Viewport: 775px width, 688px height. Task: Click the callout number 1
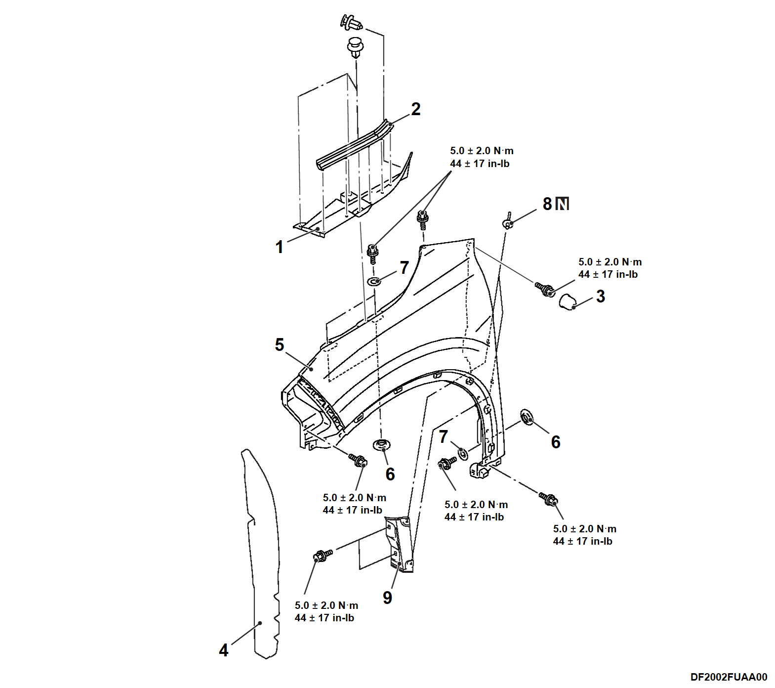pyautogui.click(x=280, y=247)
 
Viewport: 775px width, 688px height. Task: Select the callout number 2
pyautogui.click(x=416, y=109)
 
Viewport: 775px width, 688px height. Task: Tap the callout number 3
pyautogui.click(x=601, y=296)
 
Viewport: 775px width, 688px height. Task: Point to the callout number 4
pyautogui.click(x=224, y=650)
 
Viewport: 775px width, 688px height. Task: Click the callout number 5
pyautogui.click(x=280, y=344)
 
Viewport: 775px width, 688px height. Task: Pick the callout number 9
pyautogui.click(x=388, y=598)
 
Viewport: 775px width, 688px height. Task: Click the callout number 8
pyautogui.click(x=547, y=204)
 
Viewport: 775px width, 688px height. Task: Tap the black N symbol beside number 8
pyautogui.click(x=563, y=204)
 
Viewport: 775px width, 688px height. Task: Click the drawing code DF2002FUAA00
pyautogui.click(x=729, y=677)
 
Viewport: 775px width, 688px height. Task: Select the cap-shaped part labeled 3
pyautogui.click(x=567, y=300)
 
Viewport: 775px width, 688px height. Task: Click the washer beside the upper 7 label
pyautogui.click(x=375, y=282)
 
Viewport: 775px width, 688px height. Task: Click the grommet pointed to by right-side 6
pyautogui.click(x=527, y=418)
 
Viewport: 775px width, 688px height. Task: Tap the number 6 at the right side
pyautogui.click(x=556, y=442)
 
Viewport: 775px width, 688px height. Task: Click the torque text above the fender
pyautogui.click(x=482, y=157)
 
